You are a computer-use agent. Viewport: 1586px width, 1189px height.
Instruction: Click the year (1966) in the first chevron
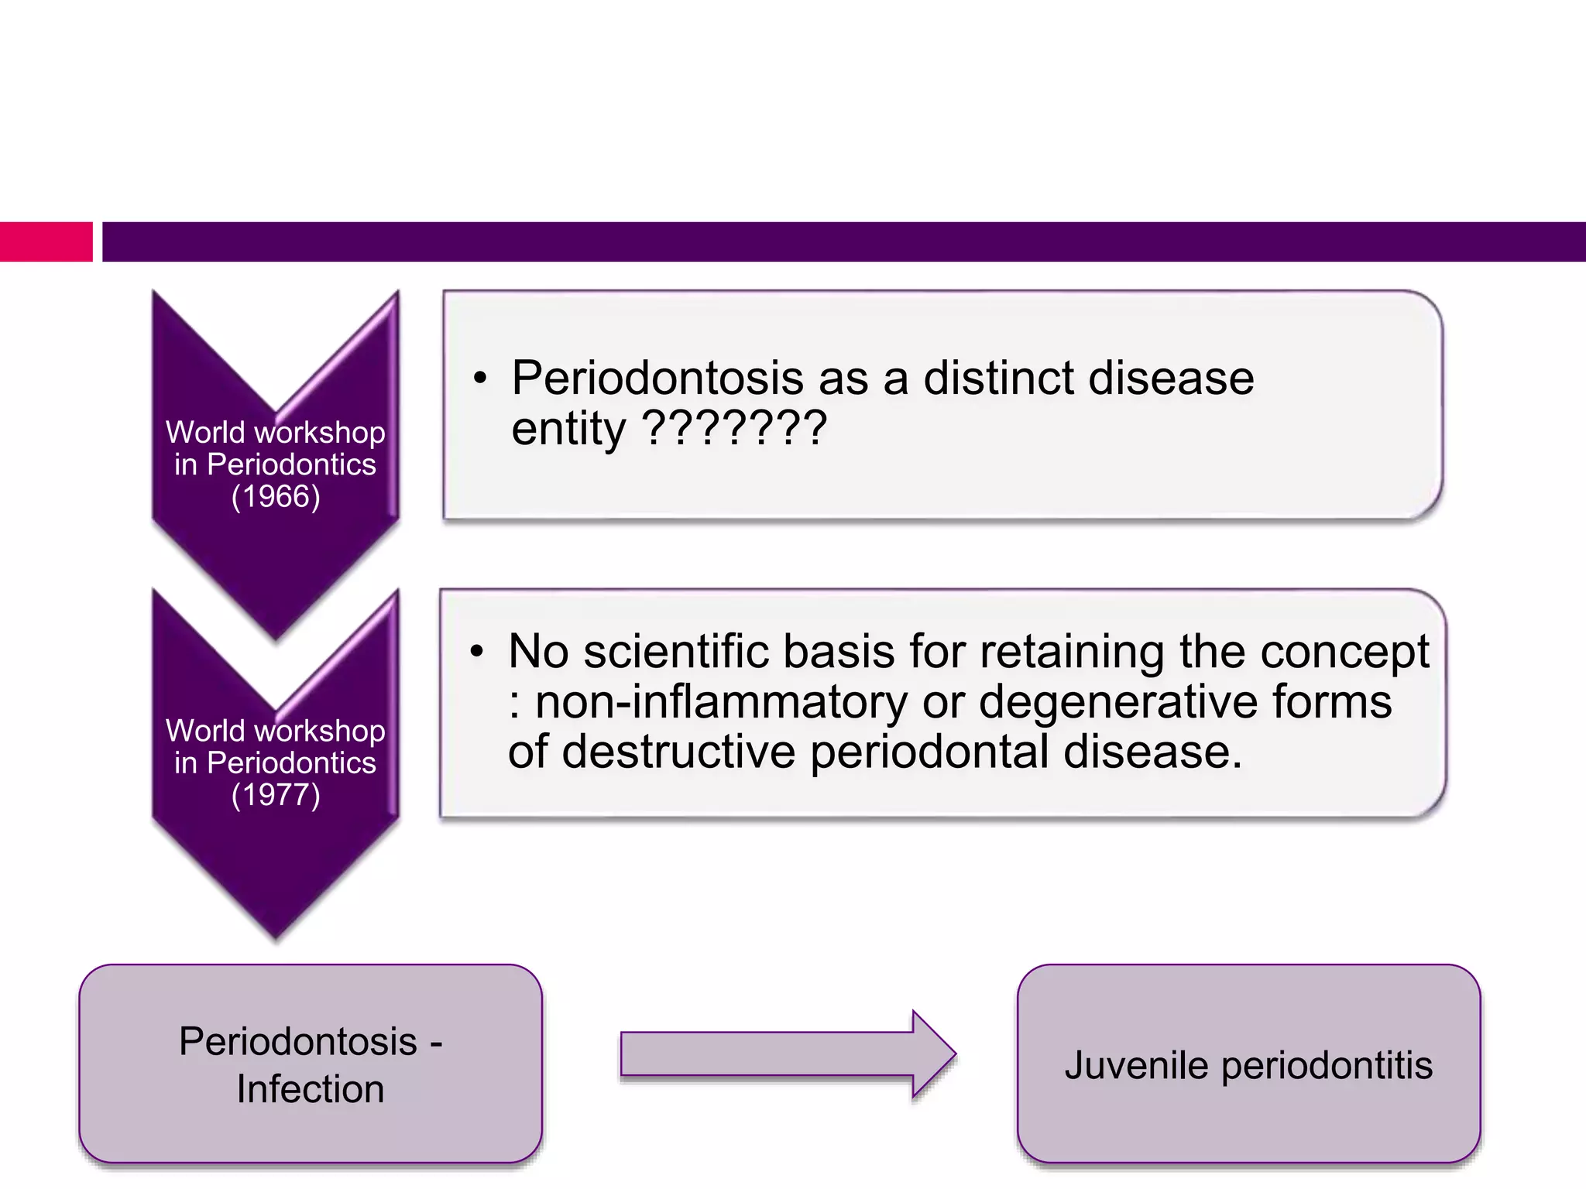pyautogui.click(x=276, y=496)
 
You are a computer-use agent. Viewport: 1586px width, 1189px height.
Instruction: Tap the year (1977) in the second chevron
pyautogui.click(x=276, y=795)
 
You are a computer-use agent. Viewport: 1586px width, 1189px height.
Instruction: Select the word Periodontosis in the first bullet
pyautogui.click(x=657, y=379)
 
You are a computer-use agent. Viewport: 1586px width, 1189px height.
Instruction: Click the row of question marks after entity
pyautogui.click(x=735, y=428)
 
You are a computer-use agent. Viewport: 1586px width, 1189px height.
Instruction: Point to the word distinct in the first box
pyautogui.click(x=999, y=379)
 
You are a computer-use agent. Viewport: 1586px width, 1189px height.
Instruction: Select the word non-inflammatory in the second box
pyautogui.click(x=721, y=702)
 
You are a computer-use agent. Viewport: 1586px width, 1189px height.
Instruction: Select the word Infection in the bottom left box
pyautogui.click(x=310, y=1089)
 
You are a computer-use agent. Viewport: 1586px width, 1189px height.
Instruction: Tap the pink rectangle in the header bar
pyautogui.click(x=46, y=242)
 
